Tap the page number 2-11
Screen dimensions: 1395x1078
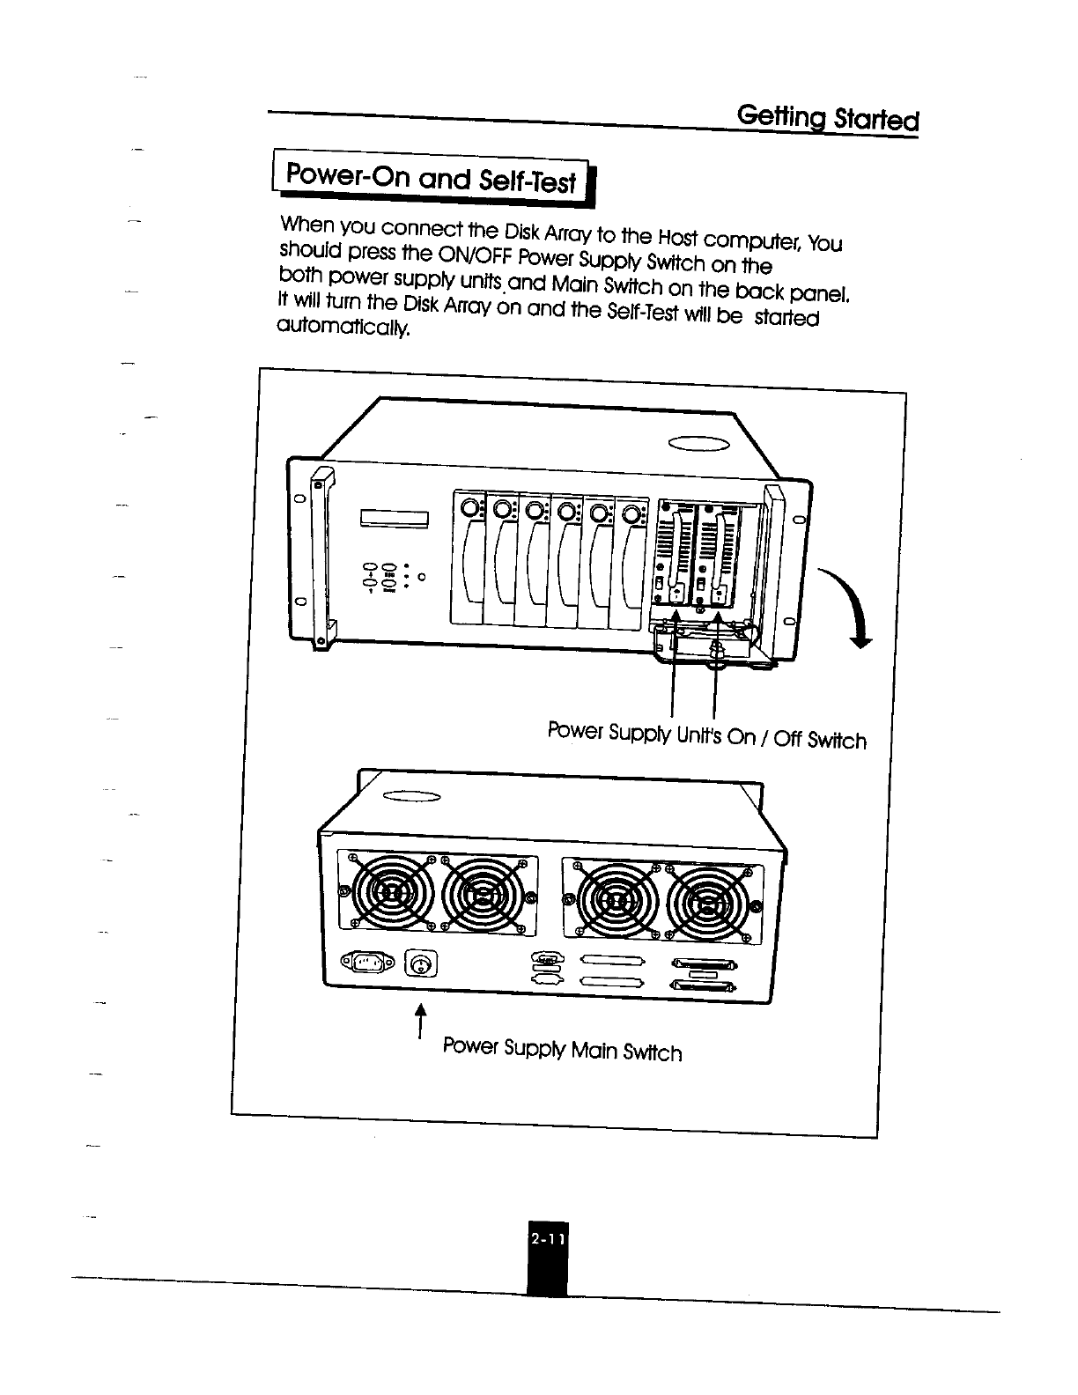coord(547,1240)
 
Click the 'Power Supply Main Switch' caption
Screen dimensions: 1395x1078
coord(562,1049)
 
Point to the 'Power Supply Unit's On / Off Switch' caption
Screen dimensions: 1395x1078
coord(706,735)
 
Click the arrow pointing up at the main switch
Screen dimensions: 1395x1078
coord(421,1021)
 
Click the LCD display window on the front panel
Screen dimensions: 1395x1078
coord(393,519)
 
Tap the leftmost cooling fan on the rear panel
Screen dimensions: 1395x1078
coord(388,895)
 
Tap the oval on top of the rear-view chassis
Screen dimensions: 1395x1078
coord(410,798)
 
